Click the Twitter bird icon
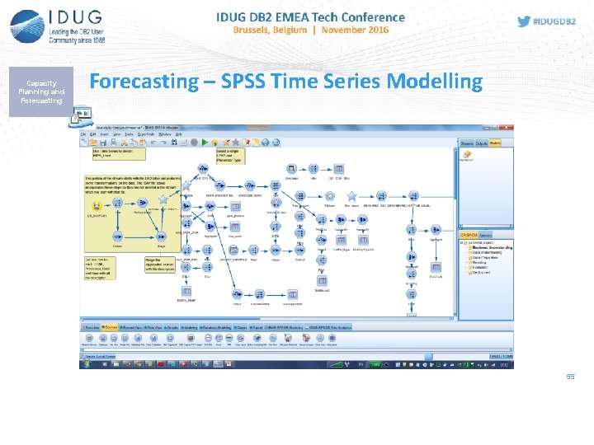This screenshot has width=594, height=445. (x=523, y=21)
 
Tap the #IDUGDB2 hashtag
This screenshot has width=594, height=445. (x=555, y=22)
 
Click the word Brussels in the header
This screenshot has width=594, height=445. (x=257, y=30)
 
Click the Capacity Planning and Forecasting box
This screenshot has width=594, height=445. (x=41, y=92)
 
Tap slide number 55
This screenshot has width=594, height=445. (x=569, y=377)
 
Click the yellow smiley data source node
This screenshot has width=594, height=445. (x=97, y=206)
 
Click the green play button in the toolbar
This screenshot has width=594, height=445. (x=194, y=143)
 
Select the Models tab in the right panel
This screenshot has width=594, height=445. (x=495, y=143)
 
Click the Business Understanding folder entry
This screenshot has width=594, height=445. (x=492, y=247)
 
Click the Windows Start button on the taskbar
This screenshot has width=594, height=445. (x=85, y=363)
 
